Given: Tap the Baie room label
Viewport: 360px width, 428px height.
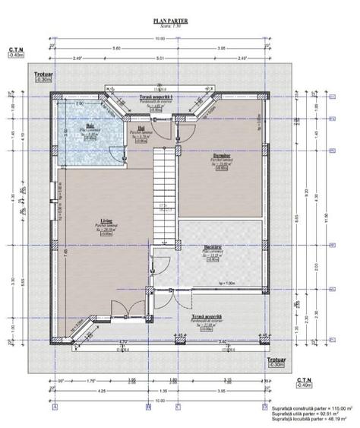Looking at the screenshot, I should pyautogui.click(x=90, y=126).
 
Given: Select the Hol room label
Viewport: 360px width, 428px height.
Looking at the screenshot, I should pyautogui.click(x=141, y=127).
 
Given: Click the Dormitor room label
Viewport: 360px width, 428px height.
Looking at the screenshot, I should pyautogui.click(x=221, y=154).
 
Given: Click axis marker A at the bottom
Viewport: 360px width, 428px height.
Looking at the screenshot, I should pyautogui.click(x=55, y=407).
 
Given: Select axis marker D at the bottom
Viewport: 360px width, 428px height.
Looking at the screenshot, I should pyautogui.click(x=264, y=407).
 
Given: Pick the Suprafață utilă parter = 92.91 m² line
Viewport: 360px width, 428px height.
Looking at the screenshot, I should pyautogui.click(x=308, y=414).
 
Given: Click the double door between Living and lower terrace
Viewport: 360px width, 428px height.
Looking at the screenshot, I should pyautogui.click(x=122, y=311).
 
